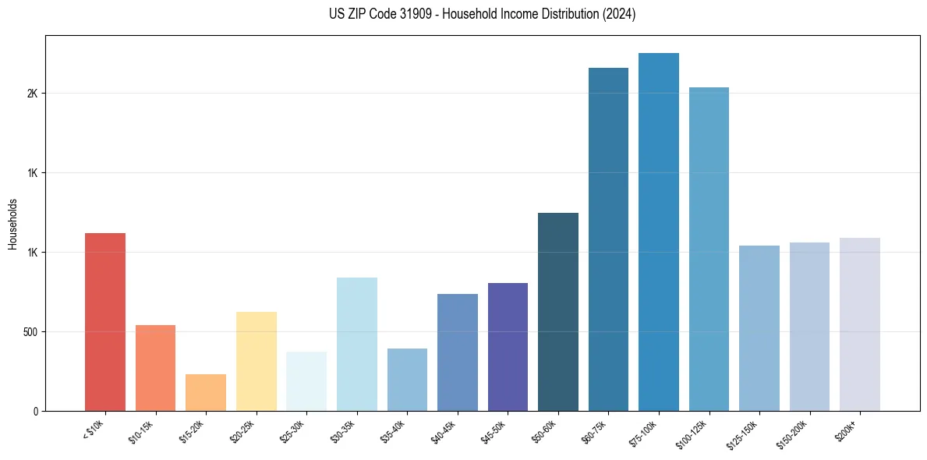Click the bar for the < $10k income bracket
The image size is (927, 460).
[104, 321]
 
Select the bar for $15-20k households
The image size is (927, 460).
[206, 392]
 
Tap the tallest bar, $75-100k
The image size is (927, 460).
[659, 232]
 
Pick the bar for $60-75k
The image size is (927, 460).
[608, 239]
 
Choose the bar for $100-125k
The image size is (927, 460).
[709, 249]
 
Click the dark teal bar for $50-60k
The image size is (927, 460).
[558, 312]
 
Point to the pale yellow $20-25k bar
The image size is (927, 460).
[256, 361]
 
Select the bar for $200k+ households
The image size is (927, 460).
[859, 324]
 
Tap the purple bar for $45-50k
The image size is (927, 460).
[508, 347]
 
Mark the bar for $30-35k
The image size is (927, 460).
[356, 344]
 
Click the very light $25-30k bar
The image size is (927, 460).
[306, 381]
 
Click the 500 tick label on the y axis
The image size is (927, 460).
[30, 331]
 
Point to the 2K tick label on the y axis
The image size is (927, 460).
[33, 94]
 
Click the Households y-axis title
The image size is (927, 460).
[13, 223]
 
